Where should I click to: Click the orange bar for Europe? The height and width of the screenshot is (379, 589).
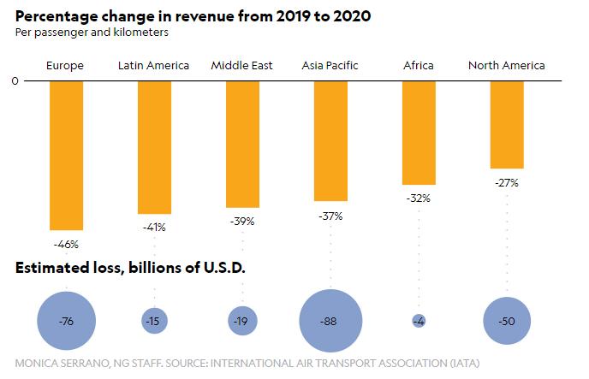click(67, 155)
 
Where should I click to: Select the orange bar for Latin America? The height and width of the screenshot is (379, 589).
click(155, 147)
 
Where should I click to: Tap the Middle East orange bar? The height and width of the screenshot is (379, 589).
click(242, 144)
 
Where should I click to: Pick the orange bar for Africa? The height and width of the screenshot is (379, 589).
click(419, 133)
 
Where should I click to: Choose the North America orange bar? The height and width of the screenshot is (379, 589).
click(507, 124)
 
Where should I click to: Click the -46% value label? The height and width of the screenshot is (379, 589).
click(67, 244)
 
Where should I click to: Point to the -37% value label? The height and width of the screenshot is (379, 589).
click(330, 216)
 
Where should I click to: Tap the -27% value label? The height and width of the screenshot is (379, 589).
click(507, 181)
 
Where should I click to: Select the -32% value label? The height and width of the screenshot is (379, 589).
click(419, 198)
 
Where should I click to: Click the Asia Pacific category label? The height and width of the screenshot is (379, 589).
click(330, 65)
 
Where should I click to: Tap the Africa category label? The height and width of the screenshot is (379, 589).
click(419, 65)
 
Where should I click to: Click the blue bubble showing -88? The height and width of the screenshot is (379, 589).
click(330, 322)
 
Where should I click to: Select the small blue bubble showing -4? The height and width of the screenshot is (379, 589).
click(419, 321)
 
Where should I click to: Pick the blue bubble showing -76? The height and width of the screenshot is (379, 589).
click(67, 322)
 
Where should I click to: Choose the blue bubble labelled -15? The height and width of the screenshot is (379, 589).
click(155, 321)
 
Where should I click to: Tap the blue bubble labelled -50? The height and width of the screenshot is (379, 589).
click(507, 322)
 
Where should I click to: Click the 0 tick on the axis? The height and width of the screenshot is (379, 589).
click(15, 81)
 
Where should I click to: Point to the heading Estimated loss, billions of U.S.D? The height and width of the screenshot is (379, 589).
click(130, 268)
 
